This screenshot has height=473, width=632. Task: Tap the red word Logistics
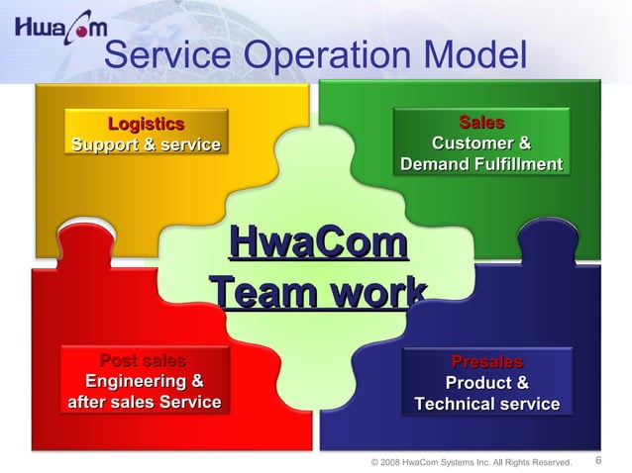146,124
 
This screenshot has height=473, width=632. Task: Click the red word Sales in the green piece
481,123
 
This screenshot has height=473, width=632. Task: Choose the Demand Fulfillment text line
481,164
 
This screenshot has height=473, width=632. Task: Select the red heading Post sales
143,360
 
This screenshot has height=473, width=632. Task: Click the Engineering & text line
145,381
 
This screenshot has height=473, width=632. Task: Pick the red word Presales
486,362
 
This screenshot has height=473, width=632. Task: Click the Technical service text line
486,404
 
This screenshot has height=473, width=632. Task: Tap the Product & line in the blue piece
486,383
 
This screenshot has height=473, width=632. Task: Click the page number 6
598,460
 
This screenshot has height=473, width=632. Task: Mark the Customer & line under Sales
481,143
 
